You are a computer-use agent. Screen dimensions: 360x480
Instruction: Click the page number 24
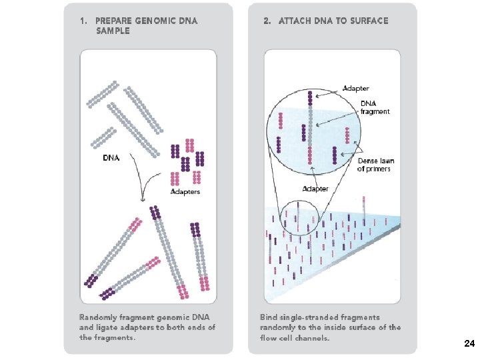pyautogui.click(x=469, y=344)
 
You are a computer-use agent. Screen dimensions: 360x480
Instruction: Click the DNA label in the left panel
pyautogui.click(x=111, y=159)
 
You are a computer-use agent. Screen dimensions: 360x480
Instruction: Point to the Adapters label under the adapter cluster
pyautogui.click(x=185, y=192)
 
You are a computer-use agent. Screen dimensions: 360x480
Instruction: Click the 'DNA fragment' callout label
pyautogui.click(x=375, y=107)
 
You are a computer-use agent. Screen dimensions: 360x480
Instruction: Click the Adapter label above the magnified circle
pyautogui.click(x=355, y=88)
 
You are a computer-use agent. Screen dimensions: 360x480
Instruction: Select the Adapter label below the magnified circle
pyautogui.click(x=315, y=189)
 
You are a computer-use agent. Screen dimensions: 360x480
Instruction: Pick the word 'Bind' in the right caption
pyautogui.click(x=270, y=317)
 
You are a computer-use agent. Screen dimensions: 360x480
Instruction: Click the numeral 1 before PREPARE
pyautogui.click(x=82, y=21)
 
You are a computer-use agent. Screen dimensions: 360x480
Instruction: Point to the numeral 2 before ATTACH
pyautogui.click(x=266, y=21)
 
